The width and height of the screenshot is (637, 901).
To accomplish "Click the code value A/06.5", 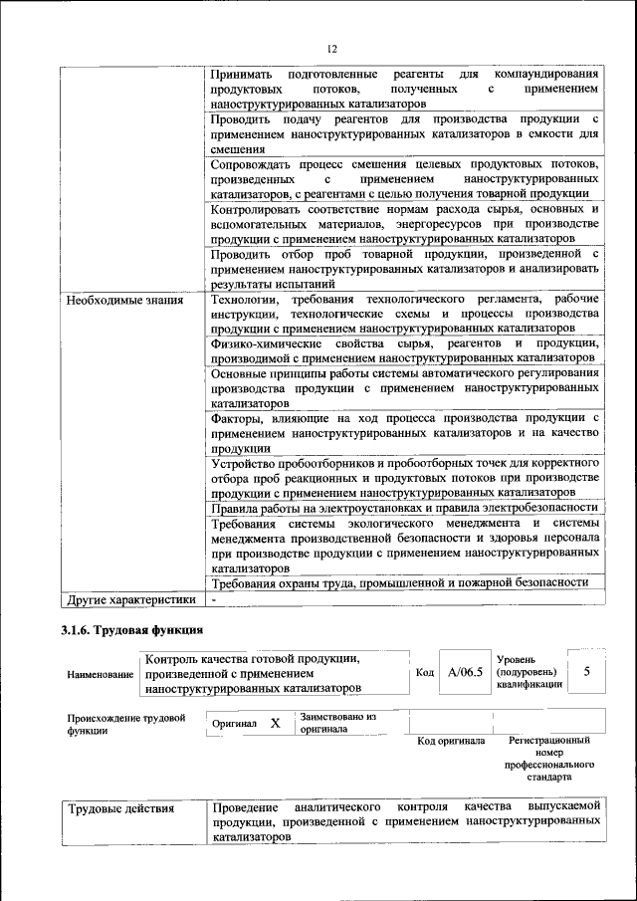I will pyautogui.click(x=465, y=672).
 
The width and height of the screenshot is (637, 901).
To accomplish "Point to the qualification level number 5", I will pyautogui.click(x=587, y=672).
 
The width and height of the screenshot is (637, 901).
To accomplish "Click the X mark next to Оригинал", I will pyautogui.click(x=275, y=724).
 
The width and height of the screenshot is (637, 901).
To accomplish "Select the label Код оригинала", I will pyautogui.click(x=451, y=741).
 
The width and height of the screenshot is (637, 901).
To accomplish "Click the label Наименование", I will pyautogui.click(x=101, y=674).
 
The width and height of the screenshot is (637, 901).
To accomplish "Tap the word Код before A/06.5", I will pyautogui.click(x=424, y=673).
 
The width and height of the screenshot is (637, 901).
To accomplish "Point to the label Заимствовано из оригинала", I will pyautogui.click(x=337, y=722).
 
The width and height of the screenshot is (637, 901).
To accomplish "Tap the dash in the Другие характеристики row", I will pyautogui.click(x=214, y=600).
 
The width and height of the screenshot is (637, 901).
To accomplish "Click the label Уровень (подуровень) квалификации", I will pyautogui.click(x=527, y=671).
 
